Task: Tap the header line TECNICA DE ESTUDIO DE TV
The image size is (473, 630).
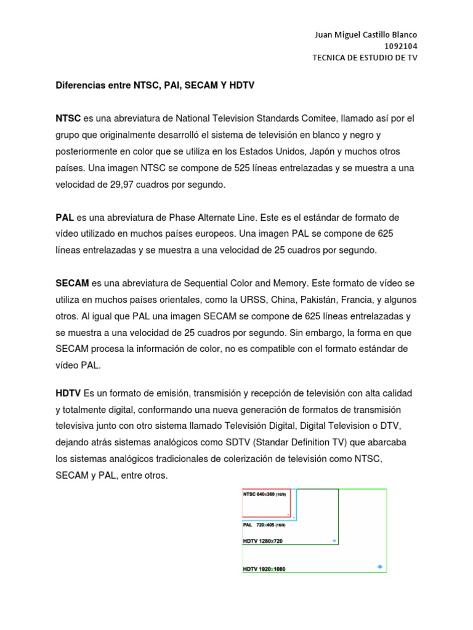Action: coord(365,58)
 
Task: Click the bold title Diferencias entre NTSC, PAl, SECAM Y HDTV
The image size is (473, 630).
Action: coord(155,87)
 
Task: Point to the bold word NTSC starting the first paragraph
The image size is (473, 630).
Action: coord(68,119)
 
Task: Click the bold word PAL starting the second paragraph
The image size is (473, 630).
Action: coord(65,218)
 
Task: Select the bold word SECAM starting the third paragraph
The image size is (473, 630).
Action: coord(73,283)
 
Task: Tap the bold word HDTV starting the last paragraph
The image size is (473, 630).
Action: coord(68,393)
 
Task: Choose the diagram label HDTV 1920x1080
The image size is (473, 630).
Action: coord(264,569)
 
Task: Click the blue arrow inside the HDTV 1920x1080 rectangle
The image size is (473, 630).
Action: coord(379,566)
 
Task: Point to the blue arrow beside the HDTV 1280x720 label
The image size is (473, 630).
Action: coord(334,541)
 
